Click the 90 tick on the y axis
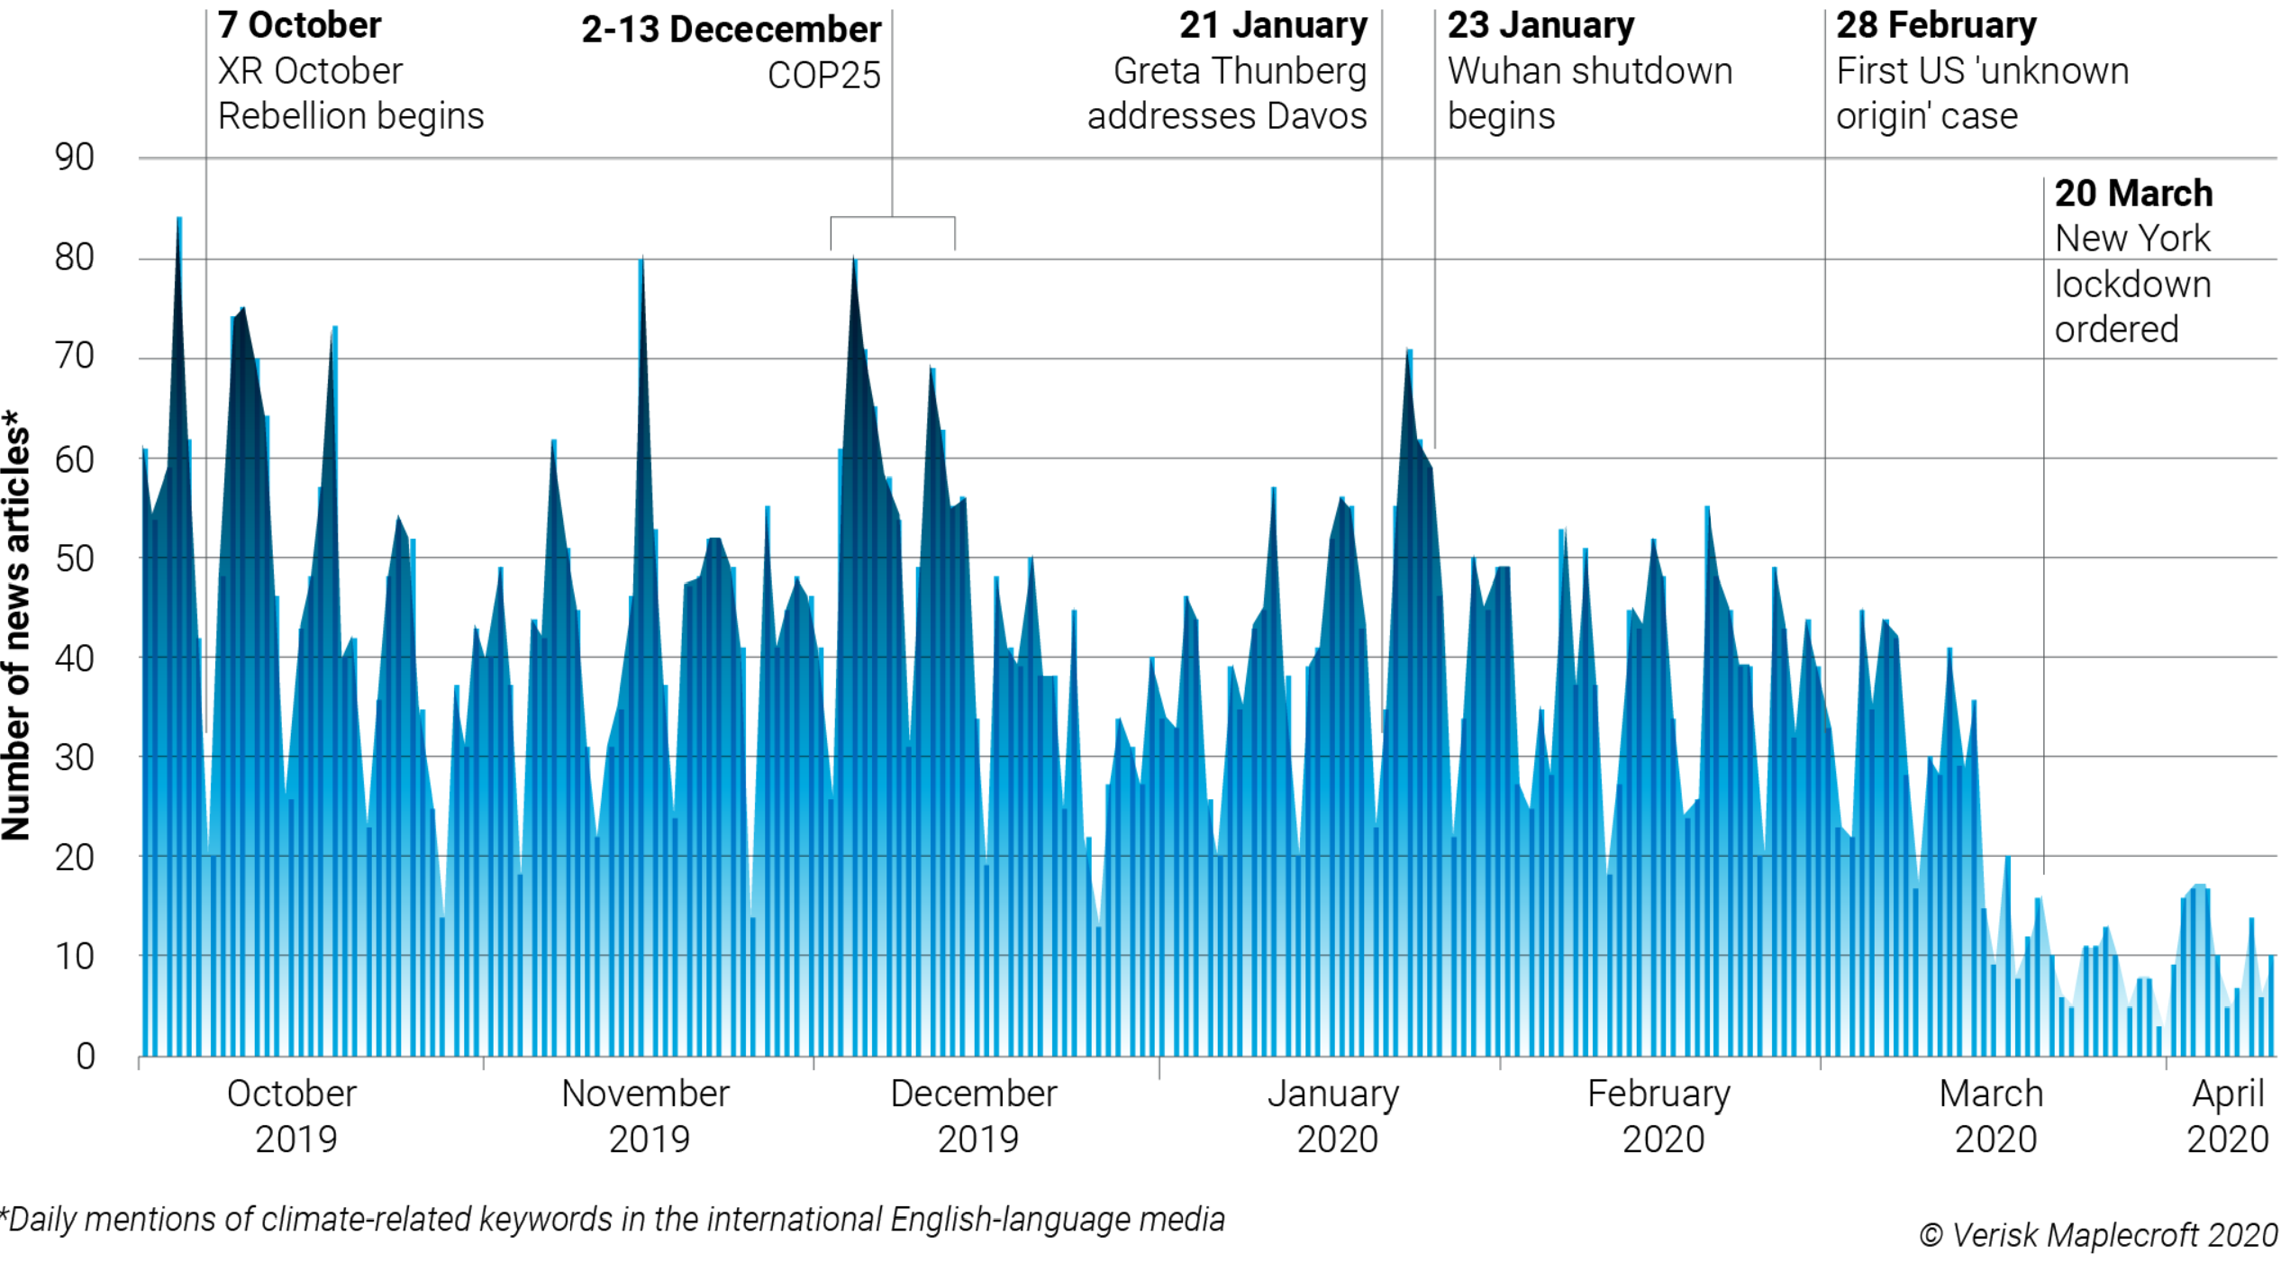pos(74,158)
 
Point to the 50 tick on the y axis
pos(74,559)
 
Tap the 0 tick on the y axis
pos(85,1056)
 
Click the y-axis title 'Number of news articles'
pos(16,626)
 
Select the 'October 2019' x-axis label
pos(294,1116)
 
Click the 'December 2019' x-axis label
pos(975,1116)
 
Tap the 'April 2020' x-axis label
pos(2227,1116)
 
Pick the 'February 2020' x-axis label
pos(1660,1116)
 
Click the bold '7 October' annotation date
pos(299,25)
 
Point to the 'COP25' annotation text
pos(823,76)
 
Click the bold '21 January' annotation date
pos(1273,25)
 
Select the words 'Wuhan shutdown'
pos(1590,71)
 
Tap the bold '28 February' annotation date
pos(1936,25)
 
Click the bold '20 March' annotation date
pos(2133,194)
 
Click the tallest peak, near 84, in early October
pos(179,220)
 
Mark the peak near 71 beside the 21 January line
pos(1408,351)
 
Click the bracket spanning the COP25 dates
pos(892,218)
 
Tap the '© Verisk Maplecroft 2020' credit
pos(2098,1235)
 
